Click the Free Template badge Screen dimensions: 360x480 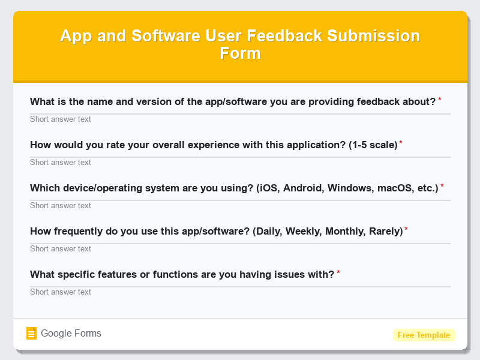pos(424,335)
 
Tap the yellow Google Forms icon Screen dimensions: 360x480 pos(32,334)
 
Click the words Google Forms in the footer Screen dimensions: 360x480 pos(71,334)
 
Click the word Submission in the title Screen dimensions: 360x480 pos(374,35)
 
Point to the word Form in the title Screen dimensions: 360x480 pos(240,53)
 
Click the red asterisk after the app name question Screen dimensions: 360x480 pos(440,100)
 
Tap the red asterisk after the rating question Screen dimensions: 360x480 pos(401,143)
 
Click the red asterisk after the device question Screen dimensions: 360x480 pos(442,186)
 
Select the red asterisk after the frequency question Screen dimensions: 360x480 pos(406,229)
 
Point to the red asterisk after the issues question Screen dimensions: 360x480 pos(338,272)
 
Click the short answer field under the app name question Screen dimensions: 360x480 pos(240,119)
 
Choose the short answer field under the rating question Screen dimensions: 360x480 pos(240,162)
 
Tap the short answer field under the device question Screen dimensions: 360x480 pos(240,205)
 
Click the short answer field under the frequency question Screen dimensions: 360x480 pos(240,248)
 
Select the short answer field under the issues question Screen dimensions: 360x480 pos(240,292)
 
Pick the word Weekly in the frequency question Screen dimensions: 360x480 pos(320,231)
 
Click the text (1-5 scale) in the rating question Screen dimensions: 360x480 pos(373,145)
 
